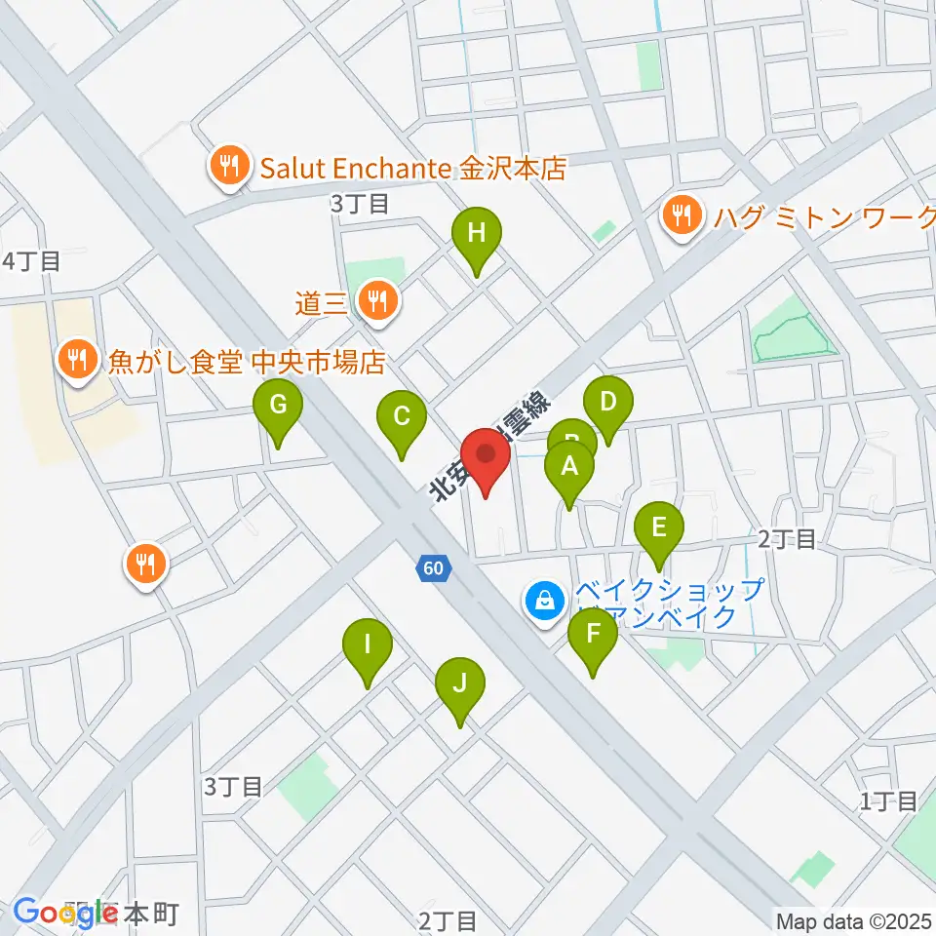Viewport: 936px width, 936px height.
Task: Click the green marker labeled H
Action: [476, 234]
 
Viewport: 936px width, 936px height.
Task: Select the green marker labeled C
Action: [402, 417]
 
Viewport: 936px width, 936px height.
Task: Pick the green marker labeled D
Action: [607, 402]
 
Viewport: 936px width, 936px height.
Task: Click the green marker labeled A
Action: [569, 466]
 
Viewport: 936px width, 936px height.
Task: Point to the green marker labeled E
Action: [659, 529]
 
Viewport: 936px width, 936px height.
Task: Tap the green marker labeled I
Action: [368, 645]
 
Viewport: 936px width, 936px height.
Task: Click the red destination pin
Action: [486, 455]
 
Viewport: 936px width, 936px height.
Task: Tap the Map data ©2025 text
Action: [852, 920]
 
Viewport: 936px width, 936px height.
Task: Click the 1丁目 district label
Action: [888, 801]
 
